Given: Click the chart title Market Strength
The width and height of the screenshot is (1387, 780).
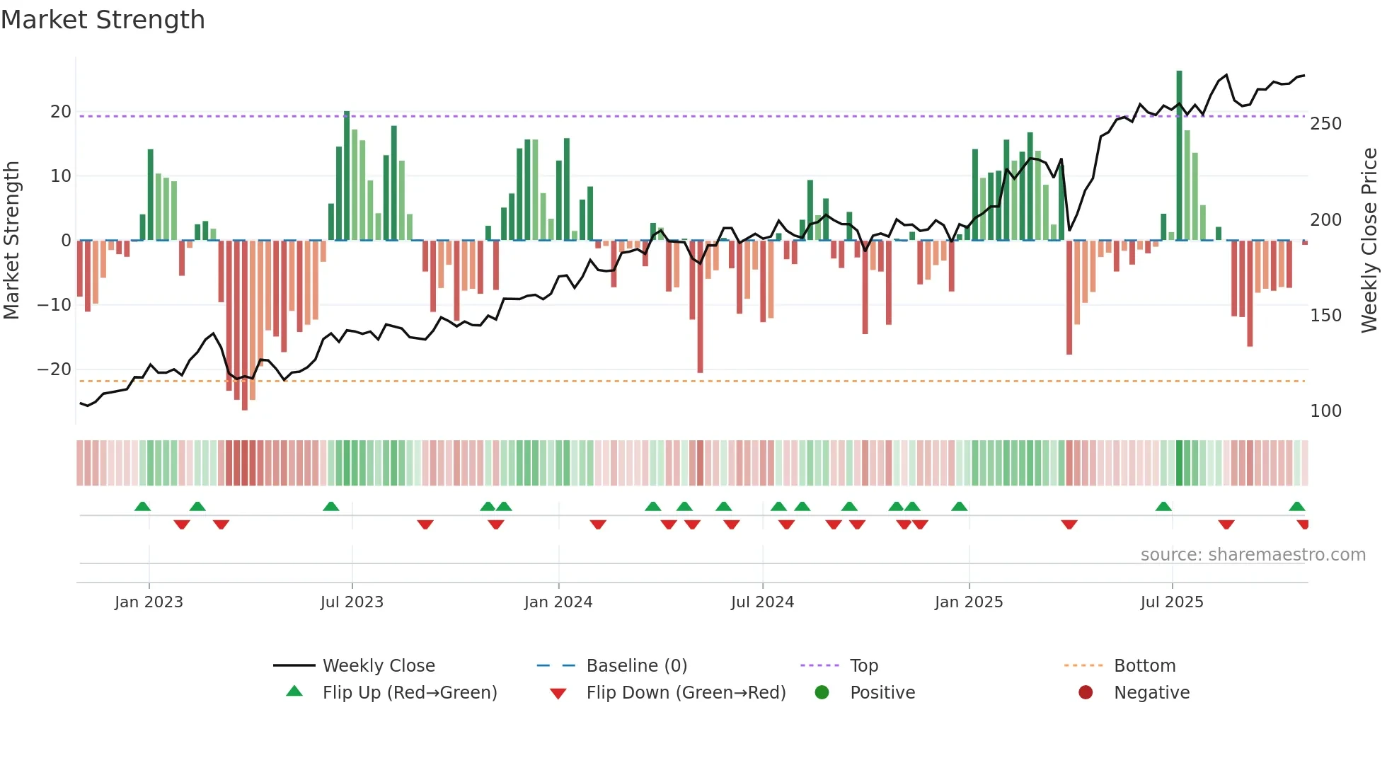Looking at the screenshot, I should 103,20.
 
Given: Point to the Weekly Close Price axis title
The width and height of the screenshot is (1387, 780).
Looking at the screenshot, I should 1369,241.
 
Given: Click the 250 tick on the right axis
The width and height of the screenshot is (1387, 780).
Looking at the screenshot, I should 1325,124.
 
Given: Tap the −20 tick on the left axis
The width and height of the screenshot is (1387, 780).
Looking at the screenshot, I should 54,369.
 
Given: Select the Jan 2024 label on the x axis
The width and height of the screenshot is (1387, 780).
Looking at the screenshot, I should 558,602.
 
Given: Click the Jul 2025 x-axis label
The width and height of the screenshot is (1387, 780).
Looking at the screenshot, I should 1172,602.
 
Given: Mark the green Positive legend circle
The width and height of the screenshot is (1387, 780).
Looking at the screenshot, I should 822,692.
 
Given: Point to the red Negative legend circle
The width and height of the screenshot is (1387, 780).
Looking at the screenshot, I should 1086,692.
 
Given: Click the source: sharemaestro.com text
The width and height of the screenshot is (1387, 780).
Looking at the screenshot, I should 1253,555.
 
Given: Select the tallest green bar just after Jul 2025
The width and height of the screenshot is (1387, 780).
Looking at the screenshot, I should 1180,156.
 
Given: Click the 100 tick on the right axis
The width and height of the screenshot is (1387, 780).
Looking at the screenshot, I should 1325,411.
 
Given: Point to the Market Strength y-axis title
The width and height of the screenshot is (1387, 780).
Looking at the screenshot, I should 12,241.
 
